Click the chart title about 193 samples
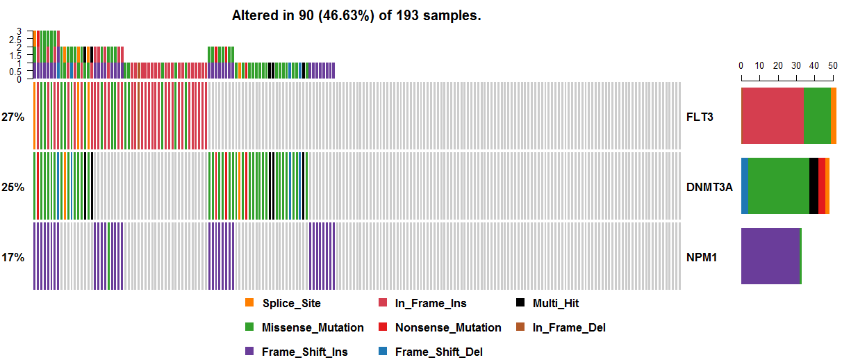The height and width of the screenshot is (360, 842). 356,15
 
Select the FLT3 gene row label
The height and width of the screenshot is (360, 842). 700,117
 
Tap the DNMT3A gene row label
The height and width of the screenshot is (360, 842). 709,187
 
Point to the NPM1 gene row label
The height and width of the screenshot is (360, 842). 701,257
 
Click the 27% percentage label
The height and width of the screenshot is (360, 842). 13,117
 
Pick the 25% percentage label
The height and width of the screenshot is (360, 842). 13,187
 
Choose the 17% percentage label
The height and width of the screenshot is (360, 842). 13,257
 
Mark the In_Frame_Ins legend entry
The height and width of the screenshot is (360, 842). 430,303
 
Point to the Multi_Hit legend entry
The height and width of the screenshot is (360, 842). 555,303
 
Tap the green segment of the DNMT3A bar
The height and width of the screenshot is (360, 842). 779,186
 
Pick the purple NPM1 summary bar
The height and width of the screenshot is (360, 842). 770,256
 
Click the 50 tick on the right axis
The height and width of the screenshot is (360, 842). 832,65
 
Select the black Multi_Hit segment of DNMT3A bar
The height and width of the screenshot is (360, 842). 814,186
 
